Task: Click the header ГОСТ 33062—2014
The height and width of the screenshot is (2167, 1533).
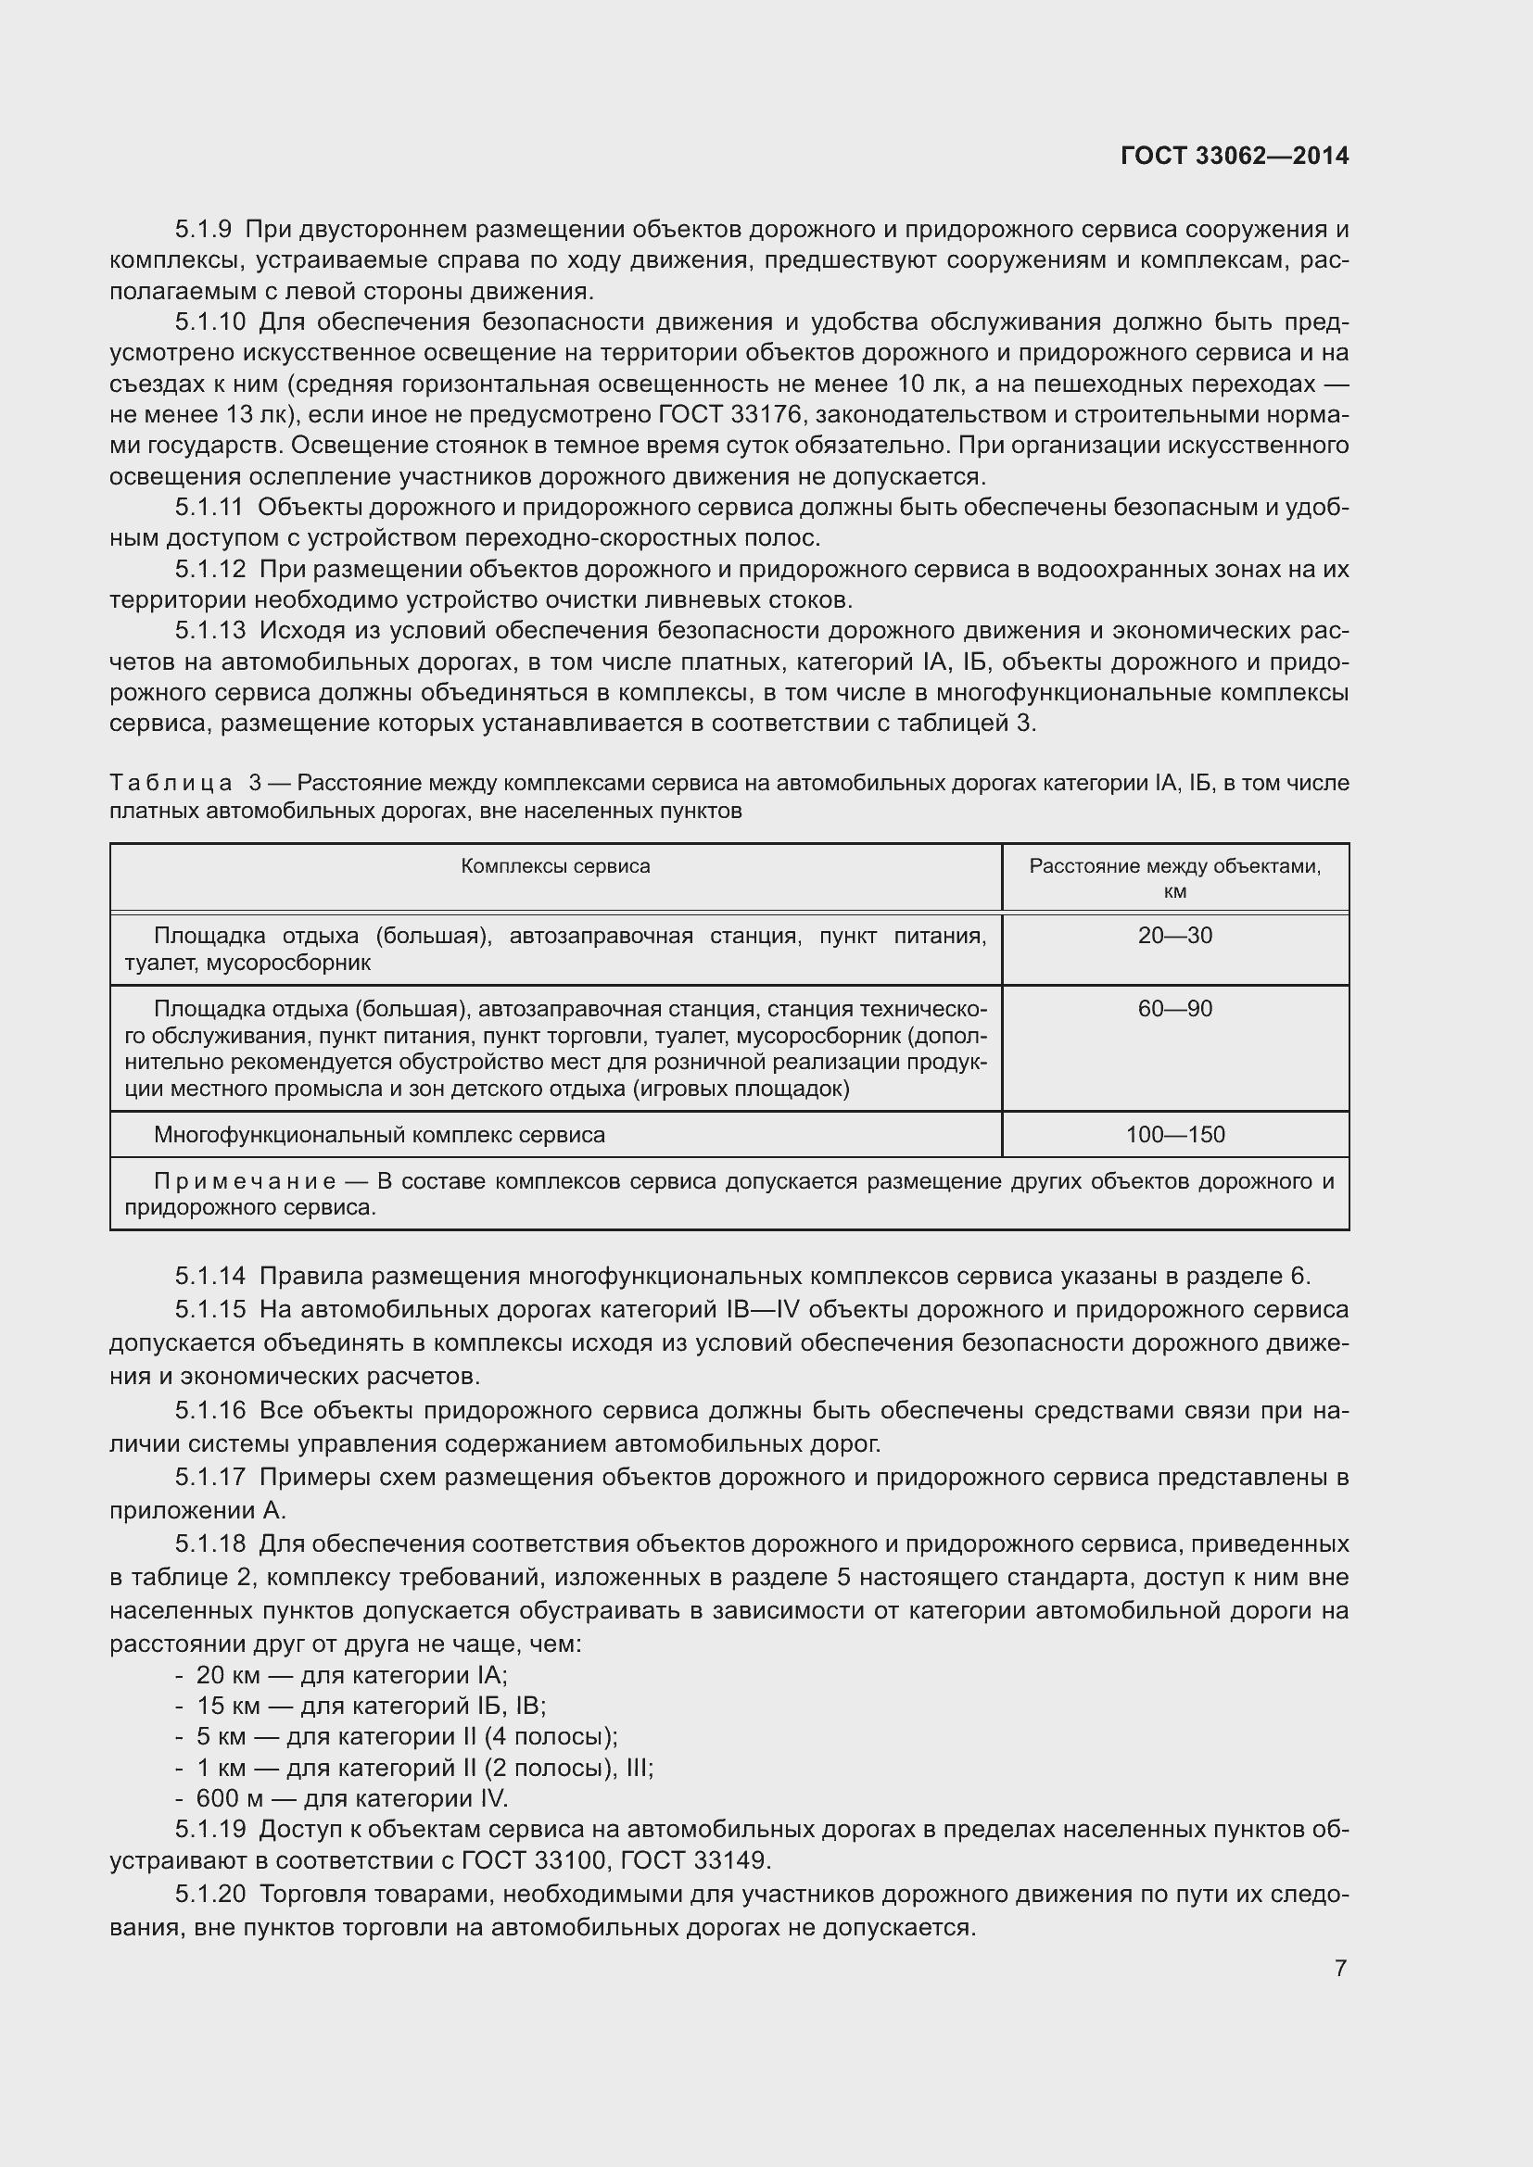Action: [1235, 156]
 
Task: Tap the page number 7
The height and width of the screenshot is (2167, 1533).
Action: [1340, 1968]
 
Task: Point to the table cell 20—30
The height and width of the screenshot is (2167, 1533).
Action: [1174, 937]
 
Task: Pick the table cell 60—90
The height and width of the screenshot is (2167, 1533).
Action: [1174, 1009]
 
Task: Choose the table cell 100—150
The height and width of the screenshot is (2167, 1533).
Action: [1174, 1135]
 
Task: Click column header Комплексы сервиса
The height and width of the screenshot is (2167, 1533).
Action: [555, 866]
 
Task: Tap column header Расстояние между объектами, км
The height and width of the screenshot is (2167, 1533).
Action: [1174, 878]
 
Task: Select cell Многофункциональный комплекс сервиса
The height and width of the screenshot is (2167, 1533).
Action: [379, 1135]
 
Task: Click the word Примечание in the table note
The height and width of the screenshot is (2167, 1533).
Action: [245, 1181]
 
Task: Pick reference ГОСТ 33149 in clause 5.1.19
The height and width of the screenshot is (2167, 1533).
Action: [702, 1860]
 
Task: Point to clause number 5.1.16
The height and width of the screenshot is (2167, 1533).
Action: [209, 1410]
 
